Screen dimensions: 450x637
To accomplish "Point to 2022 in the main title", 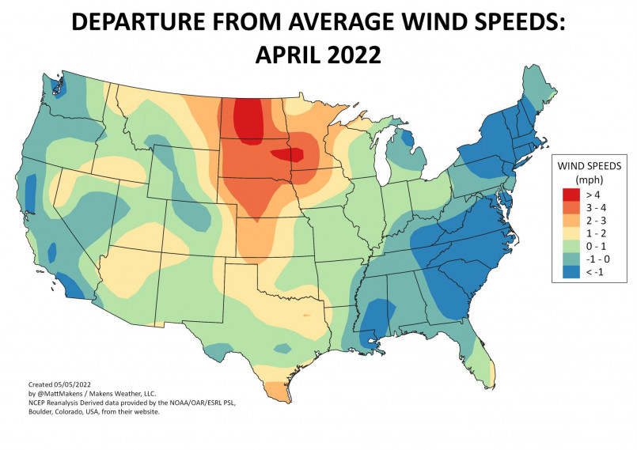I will [x=352, y=55].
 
